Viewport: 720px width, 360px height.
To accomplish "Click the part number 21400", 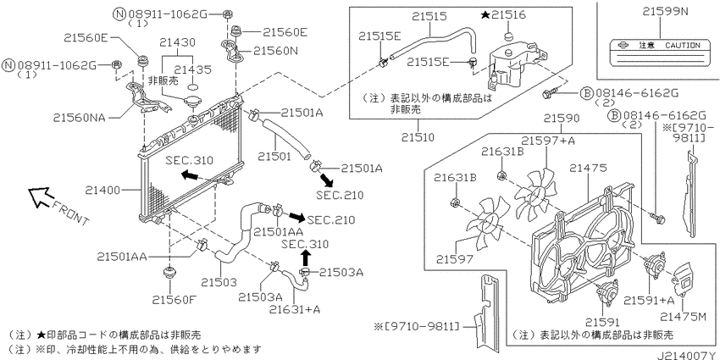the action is click(x=102, y=190).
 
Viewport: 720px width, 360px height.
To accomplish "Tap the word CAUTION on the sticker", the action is click(x=683, y=45).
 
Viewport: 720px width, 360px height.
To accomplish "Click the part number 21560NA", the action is click(x=79, y=118).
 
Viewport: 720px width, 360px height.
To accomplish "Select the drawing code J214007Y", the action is click(x=688, y=356).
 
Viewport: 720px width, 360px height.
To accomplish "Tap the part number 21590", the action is click(x=562, y=118).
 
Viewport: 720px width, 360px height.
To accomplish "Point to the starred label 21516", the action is click(x=503, y=15).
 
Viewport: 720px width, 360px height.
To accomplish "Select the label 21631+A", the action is click(x=294, y=309).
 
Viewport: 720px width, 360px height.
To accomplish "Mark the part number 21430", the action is click(x=178, y=42).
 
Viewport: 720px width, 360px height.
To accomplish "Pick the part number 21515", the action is click(x=429, y=17).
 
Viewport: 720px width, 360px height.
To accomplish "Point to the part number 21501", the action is click(x=274, y=157).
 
